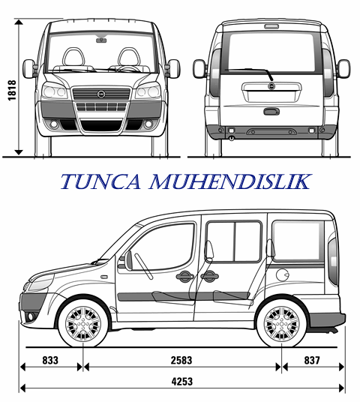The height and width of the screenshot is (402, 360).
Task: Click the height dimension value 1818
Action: click(12, 90)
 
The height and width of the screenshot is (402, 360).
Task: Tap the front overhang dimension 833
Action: click(50, 360)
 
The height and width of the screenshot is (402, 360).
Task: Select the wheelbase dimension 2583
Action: click(181, 360)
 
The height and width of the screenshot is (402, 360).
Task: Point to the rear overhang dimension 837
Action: click(312, 360)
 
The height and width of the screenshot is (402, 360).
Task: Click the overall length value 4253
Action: click(182, 382)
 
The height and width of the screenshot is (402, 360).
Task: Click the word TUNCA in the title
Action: click(100, 181)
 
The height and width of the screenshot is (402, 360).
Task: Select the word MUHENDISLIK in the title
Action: click(230, 181)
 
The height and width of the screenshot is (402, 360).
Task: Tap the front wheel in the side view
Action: click(83, 324)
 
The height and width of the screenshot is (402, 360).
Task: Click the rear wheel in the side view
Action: click(281, 324)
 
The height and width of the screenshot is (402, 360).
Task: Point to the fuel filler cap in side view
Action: click(283, 275)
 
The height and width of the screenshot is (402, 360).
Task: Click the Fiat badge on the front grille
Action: click(101, 94)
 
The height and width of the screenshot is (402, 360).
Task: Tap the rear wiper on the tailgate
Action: click(249, 73)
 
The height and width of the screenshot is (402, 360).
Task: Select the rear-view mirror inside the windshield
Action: click(101, 40)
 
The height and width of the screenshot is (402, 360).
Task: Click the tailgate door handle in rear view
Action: click(271, 112)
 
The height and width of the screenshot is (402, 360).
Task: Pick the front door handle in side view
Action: click(184, 276)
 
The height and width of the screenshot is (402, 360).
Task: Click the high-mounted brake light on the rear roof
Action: click(271, 26)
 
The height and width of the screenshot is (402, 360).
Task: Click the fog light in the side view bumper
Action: click(31, 317)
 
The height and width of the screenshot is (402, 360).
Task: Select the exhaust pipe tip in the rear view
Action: click(232, 138)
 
